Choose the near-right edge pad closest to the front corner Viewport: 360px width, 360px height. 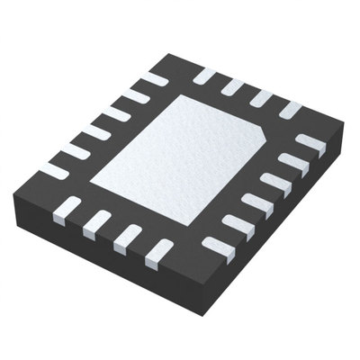pos(216,245)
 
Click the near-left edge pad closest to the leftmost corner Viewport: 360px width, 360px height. pos(71,209)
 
